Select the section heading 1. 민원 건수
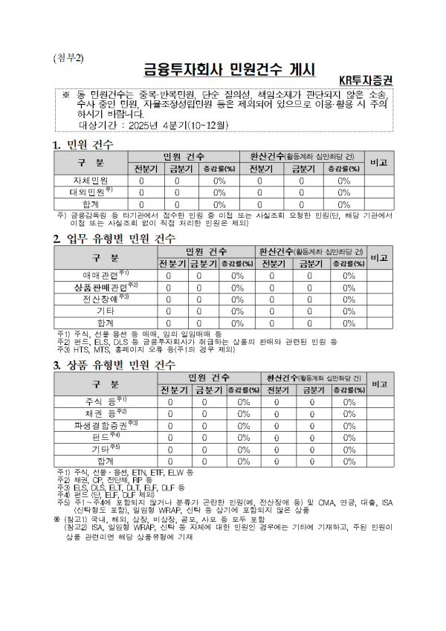[x=83, y=143]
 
